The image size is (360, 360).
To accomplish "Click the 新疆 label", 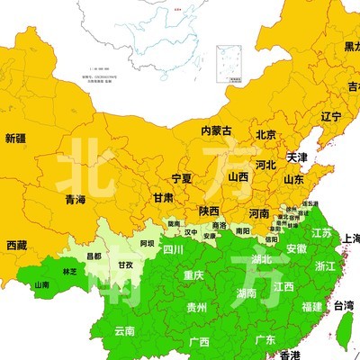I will [15, 139].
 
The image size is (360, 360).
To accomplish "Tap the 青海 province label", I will [76, 200].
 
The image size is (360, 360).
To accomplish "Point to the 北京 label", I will [265, 136].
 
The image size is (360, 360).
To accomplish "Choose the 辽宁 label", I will [330, 117].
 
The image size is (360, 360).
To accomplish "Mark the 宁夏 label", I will [181, 178].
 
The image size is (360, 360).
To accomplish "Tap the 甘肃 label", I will [163, 197].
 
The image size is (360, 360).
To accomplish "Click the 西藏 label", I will [16, 245].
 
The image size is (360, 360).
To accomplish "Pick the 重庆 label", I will [193, 275].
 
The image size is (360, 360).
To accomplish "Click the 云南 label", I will [124, 331].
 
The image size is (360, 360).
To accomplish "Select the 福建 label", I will [312, 307].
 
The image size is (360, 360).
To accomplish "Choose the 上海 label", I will [352, 238].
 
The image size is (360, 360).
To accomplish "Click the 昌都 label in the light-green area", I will [94, 256].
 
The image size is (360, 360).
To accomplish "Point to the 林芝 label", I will [69, 271].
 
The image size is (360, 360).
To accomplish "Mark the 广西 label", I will [199, 342].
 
